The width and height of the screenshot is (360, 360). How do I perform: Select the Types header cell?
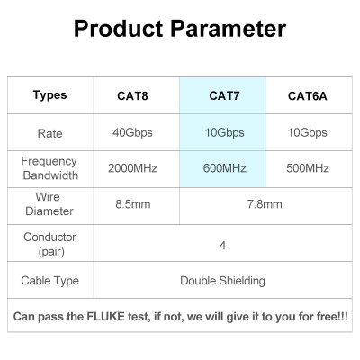point(49,95)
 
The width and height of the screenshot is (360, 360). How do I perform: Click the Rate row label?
point(49,133)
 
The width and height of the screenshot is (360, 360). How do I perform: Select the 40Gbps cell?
point(134,133)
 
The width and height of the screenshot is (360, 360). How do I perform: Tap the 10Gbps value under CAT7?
point(223,133)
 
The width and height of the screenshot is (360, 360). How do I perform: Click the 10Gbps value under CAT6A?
point(307,133)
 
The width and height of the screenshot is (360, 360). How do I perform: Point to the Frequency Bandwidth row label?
point(49,168)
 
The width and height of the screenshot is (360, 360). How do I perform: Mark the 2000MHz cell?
point(134,168)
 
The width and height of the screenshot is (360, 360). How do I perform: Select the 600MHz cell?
point(223,168)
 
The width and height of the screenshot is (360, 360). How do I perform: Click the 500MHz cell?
point(307,168)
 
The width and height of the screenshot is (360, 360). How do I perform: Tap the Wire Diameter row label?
point(49,204)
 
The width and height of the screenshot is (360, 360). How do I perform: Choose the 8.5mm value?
point(134,204)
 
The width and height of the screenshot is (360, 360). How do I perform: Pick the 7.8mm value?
point(265,204)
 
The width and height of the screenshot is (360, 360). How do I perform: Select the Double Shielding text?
point(222,281)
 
